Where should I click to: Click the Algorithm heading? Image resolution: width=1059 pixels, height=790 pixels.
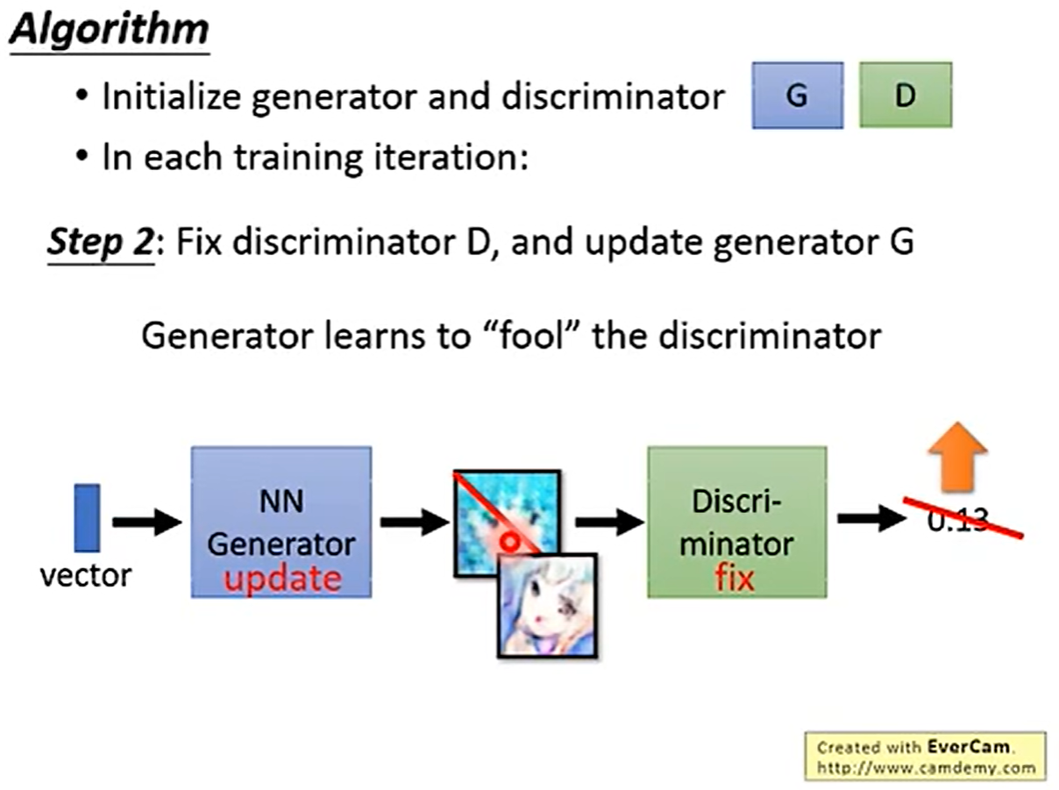pyautogui.click(x=110, y=31)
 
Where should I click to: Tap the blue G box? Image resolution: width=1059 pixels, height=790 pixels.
pyautogui.click(x=797, y=95)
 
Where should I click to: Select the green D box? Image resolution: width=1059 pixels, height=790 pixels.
pyautogui.click(x=905, y=95)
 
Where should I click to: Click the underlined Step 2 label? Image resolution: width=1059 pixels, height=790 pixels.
pyautogui.click(x=98, y=240)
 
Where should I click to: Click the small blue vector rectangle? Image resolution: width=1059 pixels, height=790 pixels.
pyautogui.click(x=87, y=518)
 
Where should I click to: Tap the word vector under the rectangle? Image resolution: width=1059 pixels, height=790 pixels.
pyautogui.click(x=86, y=575)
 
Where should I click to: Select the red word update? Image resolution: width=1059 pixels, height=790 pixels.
pyautogui.click(x=281, y=578)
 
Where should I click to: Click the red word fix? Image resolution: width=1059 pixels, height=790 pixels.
pyautogui.click(x=735, y=578)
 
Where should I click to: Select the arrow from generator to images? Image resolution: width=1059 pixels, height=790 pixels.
pyautogui.click(x=414, y=523)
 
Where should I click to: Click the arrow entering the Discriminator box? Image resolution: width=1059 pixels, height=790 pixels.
pyautogui.click(x=610, y=523)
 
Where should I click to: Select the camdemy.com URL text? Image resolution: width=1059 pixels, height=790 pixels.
pyautogui.click(x=925, y=767)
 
